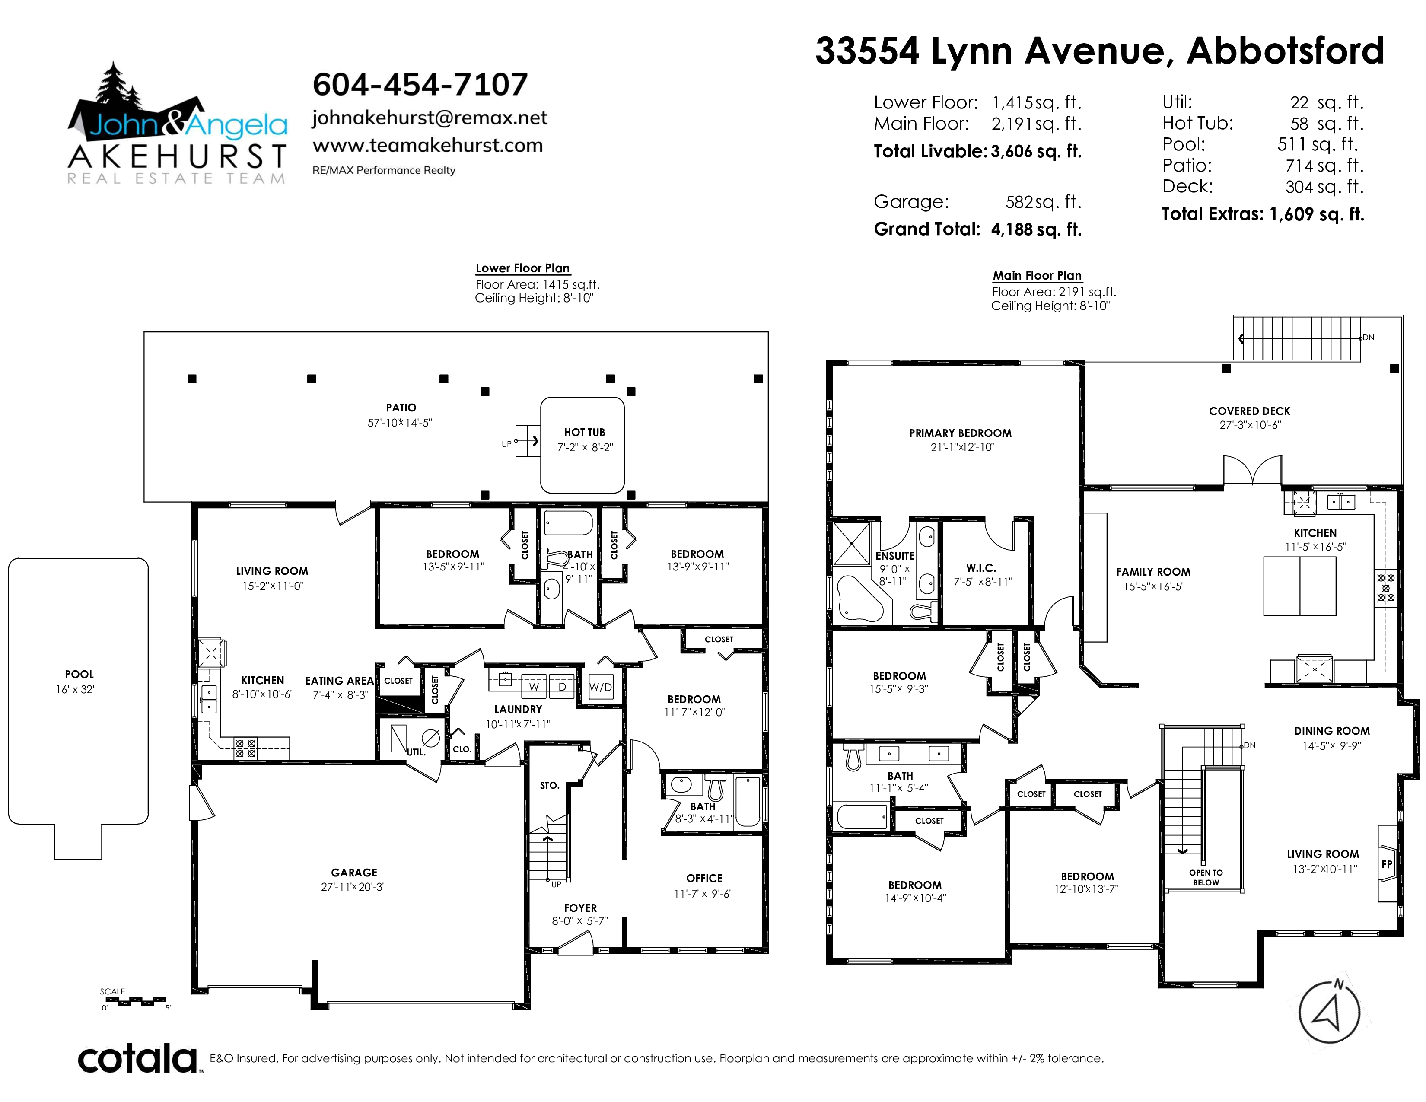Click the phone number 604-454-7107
point(420,84)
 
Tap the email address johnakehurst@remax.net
point(430,118)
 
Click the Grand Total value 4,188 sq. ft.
point(1036,229)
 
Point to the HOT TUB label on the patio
point(584,432)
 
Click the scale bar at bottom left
point(136,1000)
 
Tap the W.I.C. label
point(981,568)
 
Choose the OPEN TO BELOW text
point(1206,877)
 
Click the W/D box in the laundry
point(601,686)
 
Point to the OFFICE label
point(704,878)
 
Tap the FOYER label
point(580,908)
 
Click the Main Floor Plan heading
point(1038,276)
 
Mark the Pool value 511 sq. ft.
point(1318,144)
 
